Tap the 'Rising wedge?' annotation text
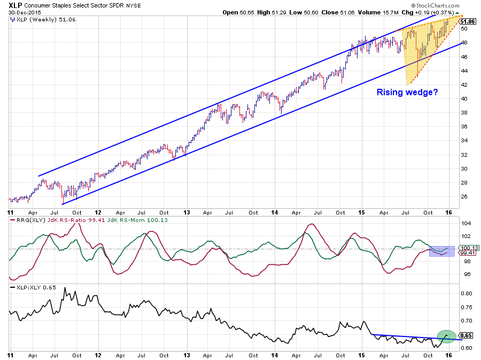click(407, 92)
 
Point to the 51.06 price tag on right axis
click(468, 21)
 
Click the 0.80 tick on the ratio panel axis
click(466, 293)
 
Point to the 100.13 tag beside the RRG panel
click(468, 248)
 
